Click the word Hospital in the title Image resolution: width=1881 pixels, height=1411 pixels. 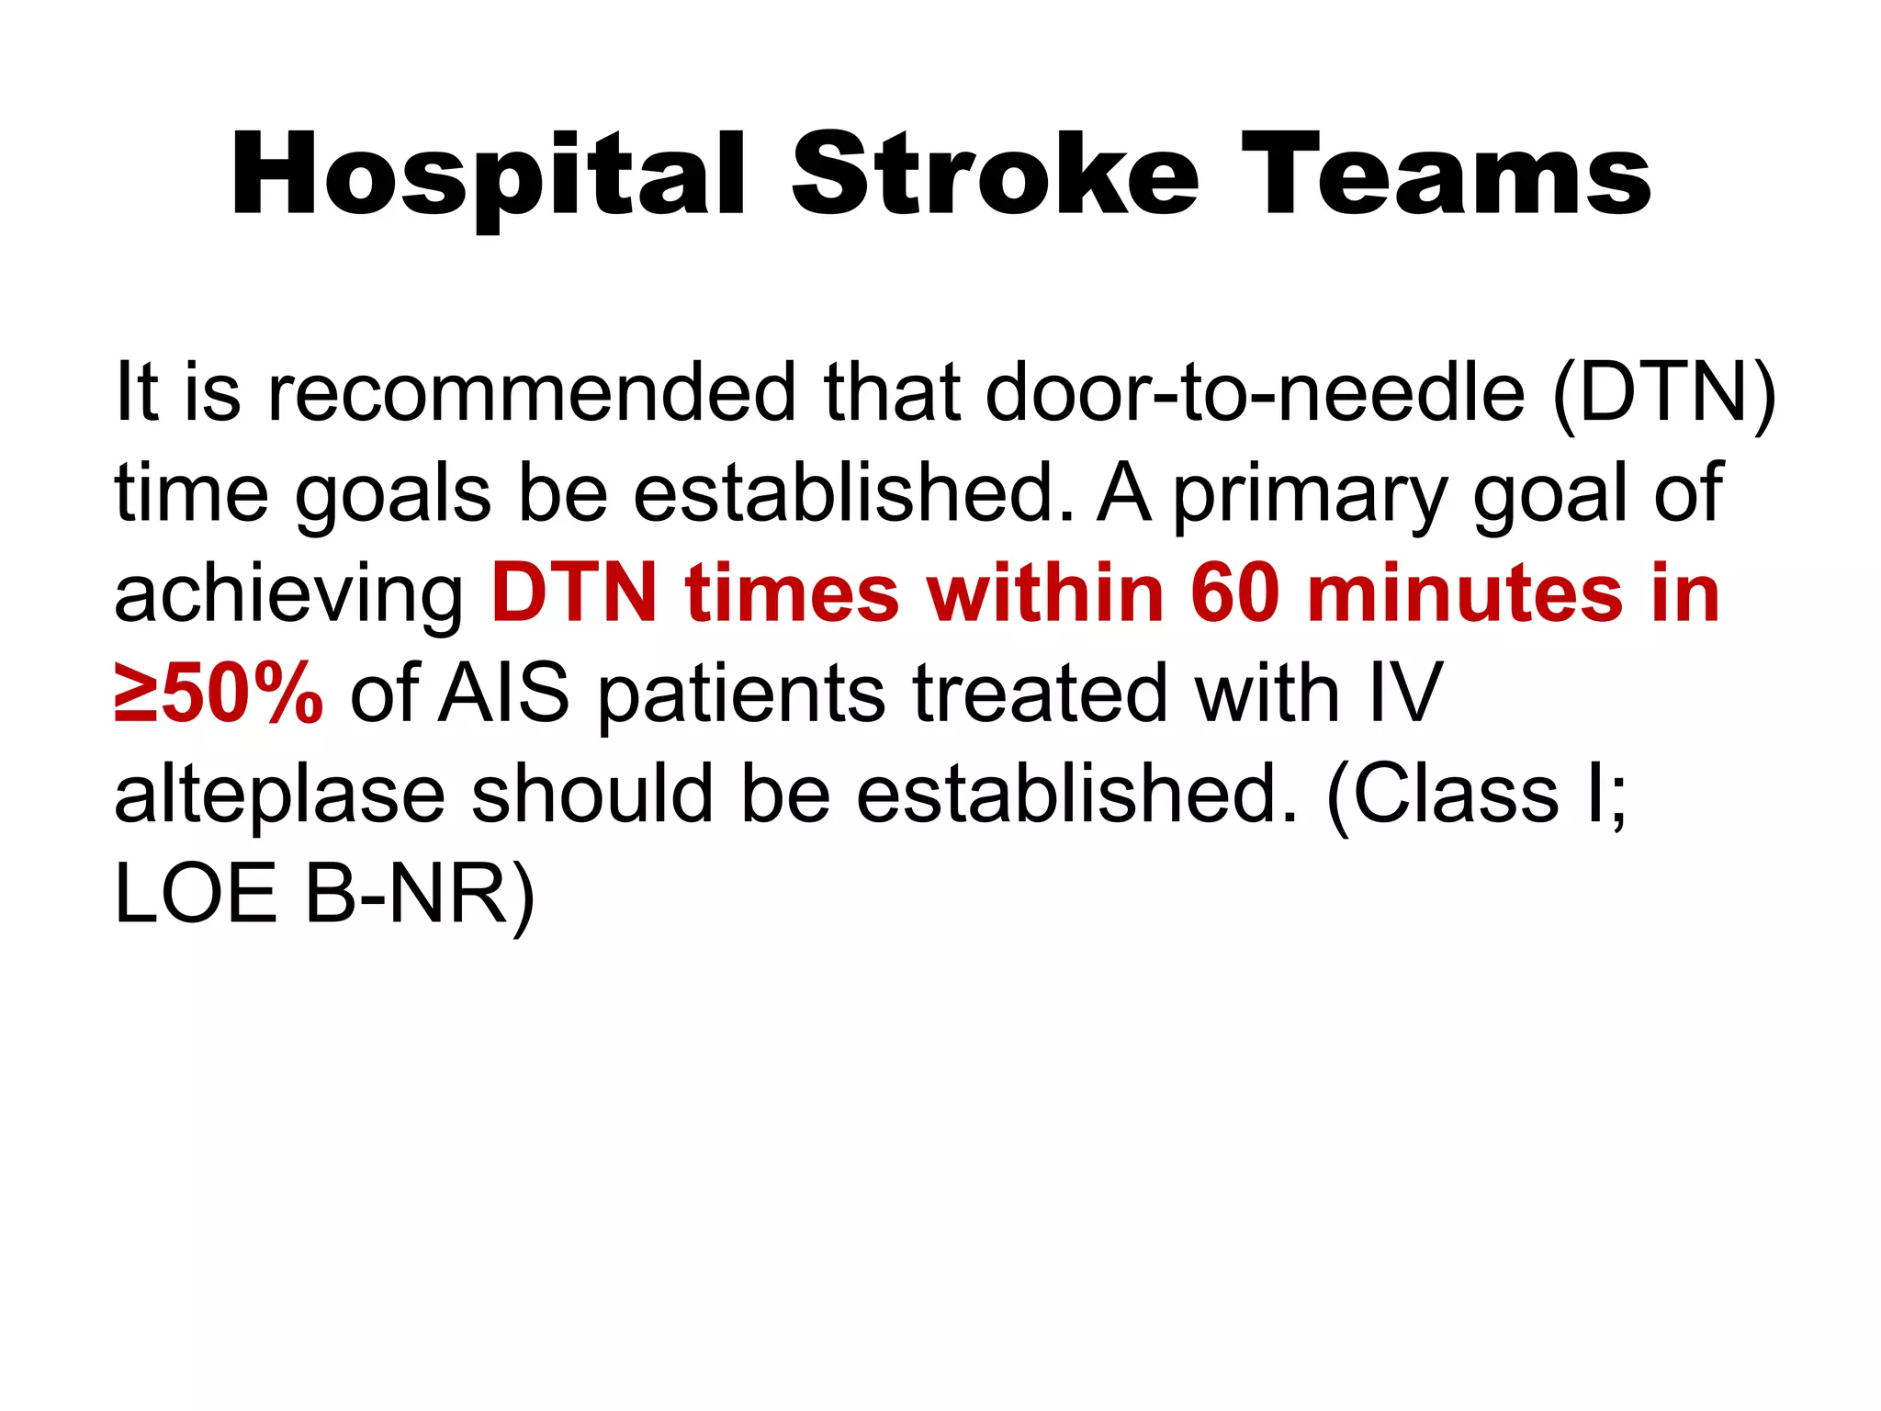click(487, 176)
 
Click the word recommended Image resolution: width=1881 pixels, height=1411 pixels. click(532, 392)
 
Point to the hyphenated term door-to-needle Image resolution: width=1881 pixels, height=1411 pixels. click(1255, 392)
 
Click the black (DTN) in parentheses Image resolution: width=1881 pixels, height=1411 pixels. click(1663, 394)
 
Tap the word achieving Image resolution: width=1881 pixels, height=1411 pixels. click(289, 596)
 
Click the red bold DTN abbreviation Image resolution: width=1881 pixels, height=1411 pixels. click(574, 594)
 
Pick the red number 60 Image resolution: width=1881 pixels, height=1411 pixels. click(1234, 594)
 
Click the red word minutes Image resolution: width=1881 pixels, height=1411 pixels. click(1465, 594)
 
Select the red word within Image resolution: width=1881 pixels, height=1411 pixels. click(1045, 594)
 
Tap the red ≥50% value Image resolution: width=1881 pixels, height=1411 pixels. click(219, 695)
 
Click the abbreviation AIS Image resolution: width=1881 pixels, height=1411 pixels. click(503, 695)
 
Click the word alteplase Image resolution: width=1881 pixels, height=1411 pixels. click(279, 796)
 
